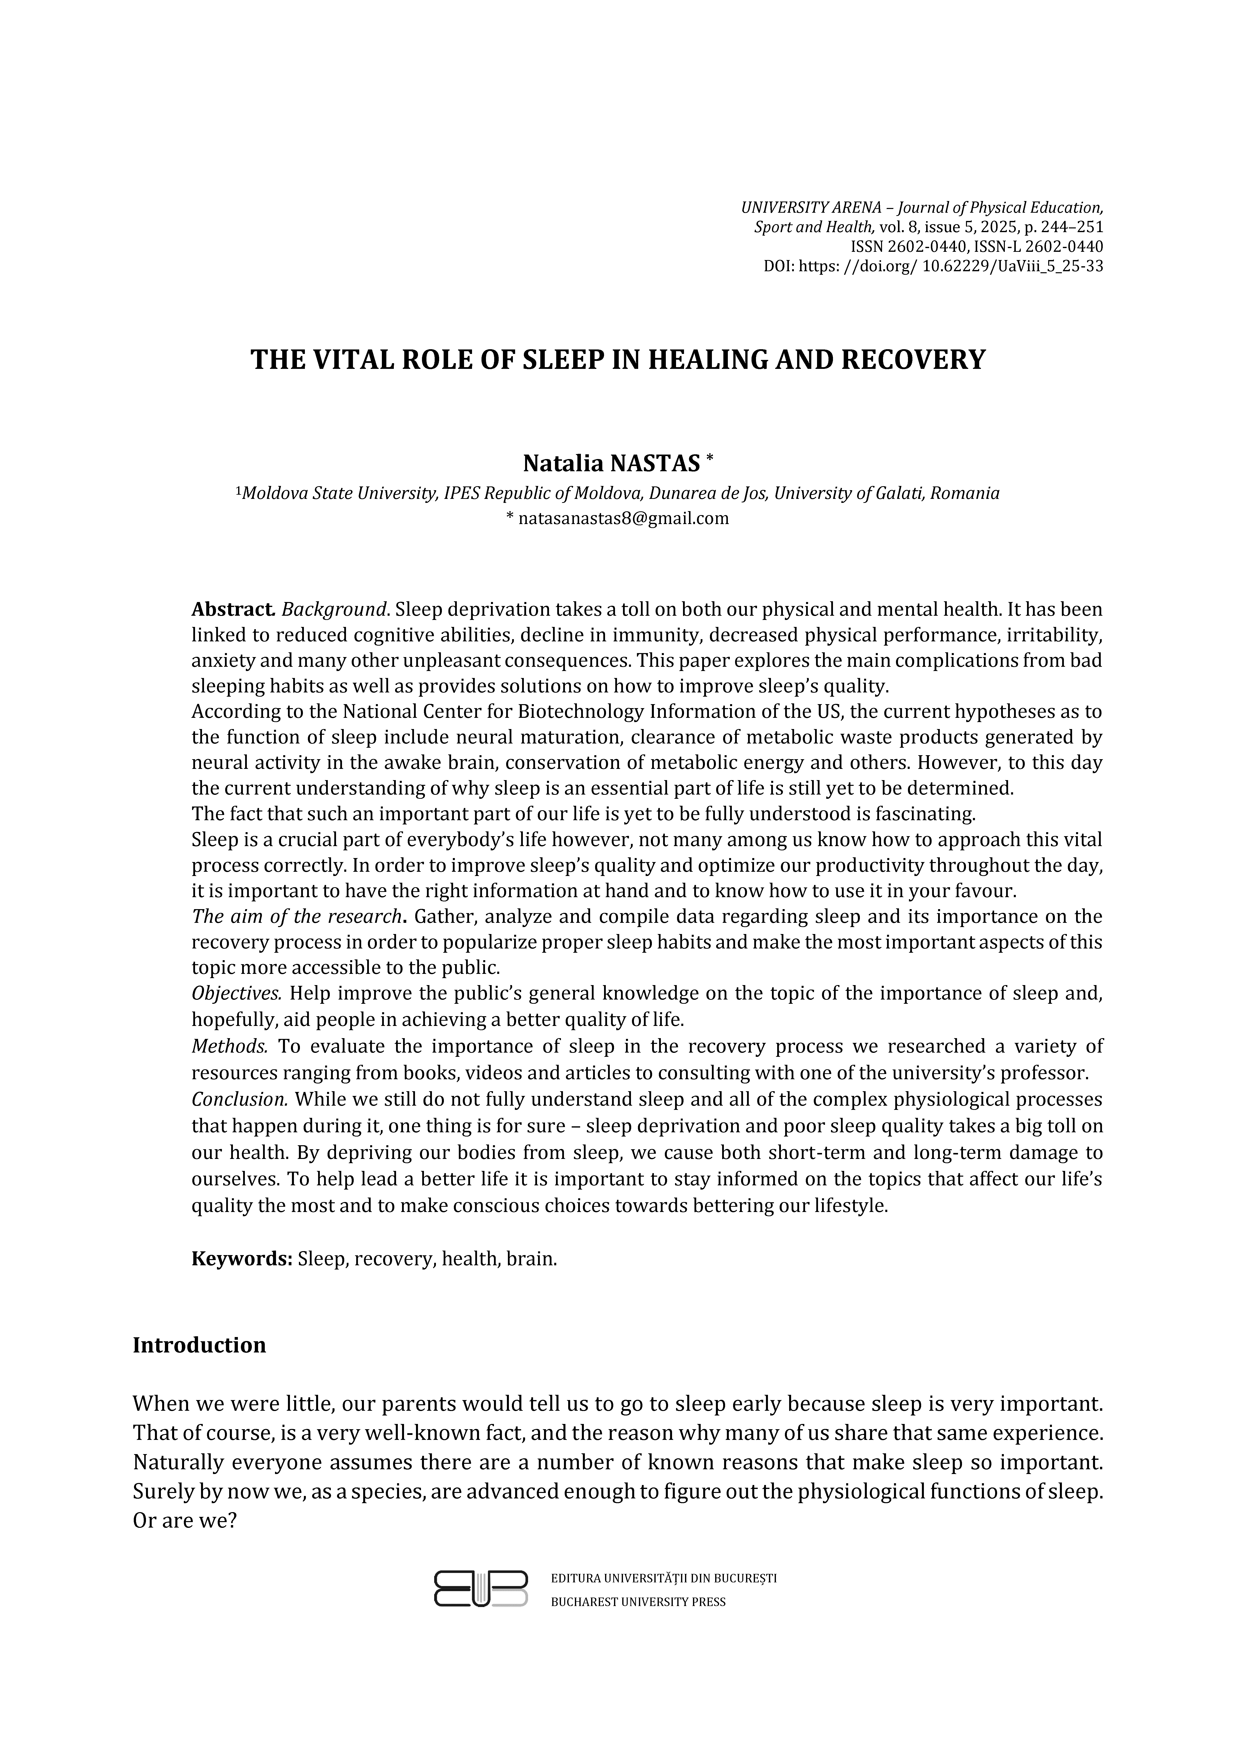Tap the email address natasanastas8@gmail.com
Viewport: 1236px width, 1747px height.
(622, 519)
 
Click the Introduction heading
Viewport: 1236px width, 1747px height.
(200, 1345)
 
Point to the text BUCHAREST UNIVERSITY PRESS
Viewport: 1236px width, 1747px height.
(638, 1602)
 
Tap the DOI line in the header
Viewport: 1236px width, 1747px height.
(933, 266)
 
